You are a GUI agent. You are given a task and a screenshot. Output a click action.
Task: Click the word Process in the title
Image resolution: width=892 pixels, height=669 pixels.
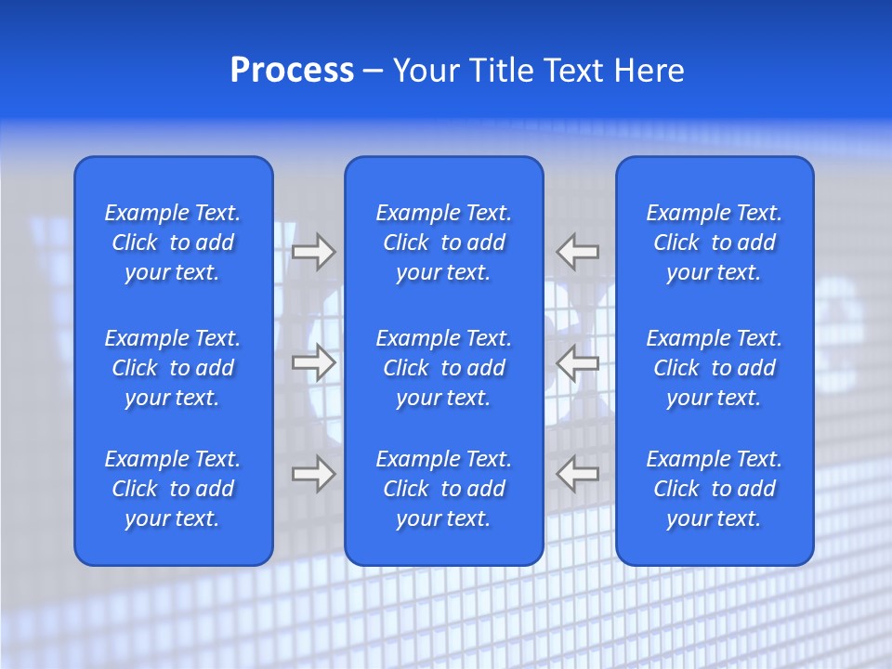click(292, 71)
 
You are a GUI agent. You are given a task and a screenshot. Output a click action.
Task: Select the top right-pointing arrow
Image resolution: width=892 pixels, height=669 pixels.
click(313, 252)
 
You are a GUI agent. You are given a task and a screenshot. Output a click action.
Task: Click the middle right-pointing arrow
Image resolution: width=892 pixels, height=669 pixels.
click(313, 362)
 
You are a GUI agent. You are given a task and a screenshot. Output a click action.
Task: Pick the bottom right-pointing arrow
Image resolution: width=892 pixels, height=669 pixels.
click(313, 474)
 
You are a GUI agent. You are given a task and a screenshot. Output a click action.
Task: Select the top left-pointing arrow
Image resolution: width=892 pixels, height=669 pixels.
click(577, 252)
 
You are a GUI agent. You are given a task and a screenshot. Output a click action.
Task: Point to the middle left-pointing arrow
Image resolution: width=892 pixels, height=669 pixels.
click(577, 362)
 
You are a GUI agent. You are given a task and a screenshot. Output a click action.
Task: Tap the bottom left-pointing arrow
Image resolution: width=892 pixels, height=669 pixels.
click(577, 474)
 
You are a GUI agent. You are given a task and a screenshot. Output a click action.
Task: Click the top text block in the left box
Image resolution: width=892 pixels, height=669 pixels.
click(173, 243)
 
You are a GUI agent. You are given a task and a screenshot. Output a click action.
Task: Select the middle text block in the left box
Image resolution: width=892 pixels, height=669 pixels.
click(173, 368)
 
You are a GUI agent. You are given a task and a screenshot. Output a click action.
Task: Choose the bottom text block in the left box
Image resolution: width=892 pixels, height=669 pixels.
click(173, 489)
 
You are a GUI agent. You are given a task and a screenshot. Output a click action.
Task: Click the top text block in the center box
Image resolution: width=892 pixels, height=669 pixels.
click(444, 243)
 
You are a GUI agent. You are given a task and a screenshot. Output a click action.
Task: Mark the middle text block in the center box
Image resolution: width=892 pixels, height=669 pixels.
click(444, 368)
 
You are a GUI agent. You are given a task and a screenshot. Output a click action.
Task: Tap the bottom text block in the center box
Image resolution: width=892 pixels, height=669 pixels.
click(444, 489)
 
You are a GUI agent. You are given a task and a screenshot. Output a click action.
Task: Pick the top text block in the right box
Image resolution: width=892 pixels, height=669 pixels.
click(715, 243)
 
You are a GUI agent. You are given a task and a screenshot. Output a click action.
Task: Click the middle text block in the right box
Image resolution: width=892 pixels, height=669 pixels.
click(715, 368)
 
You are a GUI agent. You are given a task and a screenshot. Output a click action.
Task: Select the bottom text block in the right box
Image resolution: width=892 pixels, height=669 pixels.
click(715, 489)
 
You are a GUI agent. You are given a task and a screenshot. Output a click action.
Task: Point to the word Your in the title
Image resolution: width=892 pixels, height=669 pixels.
click(425, 71)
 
